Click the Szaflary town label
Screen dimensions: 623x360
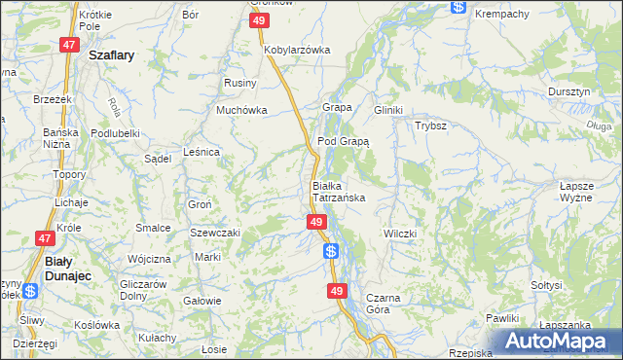(x=110, y=56)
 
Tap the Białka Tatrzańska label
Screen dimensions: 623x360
(x=338, y=191)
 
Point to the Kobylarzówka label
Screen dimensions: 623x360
(x=297, y=49)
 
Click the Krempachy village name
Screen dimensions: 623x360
(x=501, y=14)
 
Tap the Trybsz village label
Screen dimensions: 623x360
(x=430, y=126)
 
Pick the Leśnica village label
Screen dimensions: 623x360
(x=202, y=152)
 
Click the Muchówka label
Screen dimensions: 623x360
(x=241, y=110)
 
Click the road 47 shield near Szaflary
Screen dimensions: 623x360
(x=69, y=45)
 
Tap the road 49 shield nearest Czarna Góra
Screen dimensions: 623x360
(x=337, y=291)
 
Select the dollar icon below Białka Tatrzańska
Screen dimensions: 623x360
(x=331, y=251)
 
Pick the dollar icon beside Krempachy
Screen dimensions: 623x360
(x=458, y=7)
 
